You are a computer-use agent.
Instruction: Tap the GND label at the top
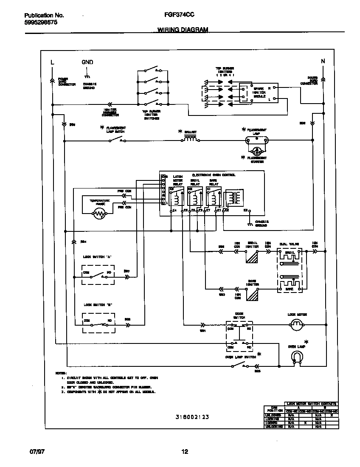(x=87, y=62)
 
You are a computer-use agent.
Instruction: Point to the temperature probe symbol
(x=99, y=214)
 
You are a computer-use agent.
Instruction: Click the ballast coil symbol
(x=190, y=139)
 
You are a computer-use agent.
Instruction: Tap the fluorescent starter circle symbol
(x=257, y=151)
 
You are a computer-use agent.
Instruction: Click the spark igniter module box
(x=259, y=93)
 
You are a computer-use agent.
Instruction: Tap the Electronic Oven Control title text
(x=214, y=175)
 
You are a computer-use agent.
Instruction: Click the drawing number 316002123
(x=192, y=417)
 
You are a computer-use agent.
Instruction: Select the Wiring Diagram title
(x=183, y=30)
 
